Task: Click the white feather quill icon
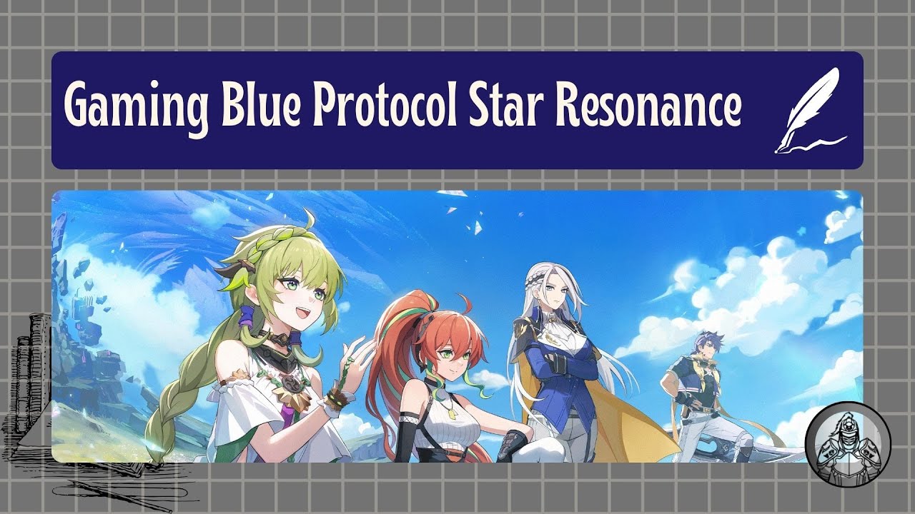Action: click(808, 110)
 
